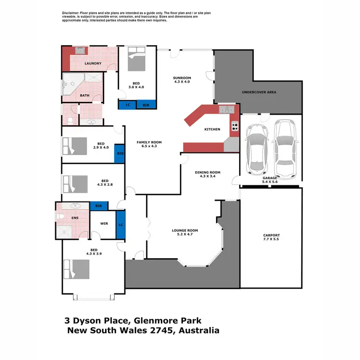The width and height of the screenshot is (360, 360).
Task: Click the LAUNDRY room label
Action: [x=93, y=63]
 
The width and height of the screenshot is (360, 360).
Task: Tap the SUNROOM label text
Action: [x=182, y=78]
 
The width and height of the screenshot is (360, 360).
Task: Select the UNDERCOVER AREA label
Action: [x=259, y=92]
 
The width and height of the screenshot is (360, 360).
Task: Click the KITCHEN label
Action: [x=212, y=129]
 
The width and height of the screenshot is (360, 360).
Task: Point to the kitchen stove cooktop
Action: [x=235, y=126]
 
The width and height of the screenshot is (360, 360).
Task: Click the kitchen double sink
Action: [x=225, y=110]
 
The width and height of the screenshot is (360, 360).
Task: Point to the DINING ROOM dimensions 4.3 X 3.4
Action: [x=207, y=176]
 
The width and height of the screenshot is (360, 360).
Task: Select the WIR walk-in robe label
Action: [x=104, y=223]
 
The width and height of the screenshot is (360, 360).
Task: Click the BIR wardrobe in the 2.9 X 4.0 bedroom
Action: [x=119, y=155]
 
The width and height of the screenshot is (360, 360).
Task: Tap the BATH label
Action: [x=84, y=95]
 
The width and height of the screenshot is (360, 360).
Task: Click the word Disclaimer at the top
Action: [x=72, y=12]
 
